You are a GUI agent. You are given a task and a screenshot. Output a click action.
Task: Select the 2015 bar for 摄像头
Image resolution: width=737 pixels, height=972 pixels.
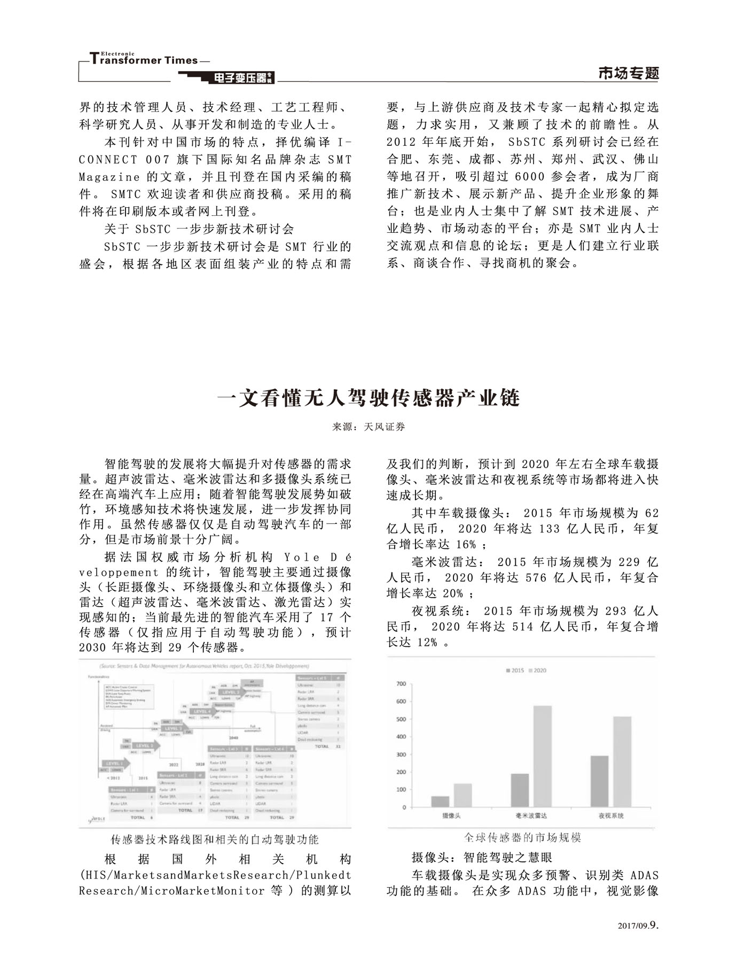pyautogui.click(x=440, y=802)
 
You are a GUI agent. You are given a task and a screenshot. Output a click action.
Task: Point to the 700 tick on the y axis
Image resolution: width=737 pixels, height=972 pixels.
pyautogui.click(x=401, y=684)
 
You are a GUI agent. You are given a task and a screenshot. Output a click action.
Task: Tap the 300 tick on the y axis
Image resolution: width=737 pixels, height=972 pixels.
pyautogui.click(x=401, y=755)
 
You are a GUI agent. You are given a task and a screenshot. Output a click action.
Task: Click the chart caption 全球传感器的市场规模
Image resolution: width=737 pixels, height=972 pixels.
pyautogui.click(x=522, y=837)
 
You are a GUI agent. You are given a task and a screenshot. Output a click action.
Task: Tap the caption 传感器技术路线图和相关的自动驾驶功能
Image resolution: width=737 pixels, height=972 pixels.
pyautogui.click(x=214, y=840)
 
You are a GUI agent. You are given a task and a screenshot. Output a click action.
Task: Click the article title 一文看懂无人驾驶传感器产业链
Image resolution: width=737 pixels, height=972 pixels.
pyautogui.click(x=368, y=398)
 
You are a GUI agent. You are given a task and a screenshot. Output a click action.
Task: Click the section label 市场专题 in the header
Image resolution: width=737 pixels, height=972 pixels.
pyautogui.click(x=629, y=73)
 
